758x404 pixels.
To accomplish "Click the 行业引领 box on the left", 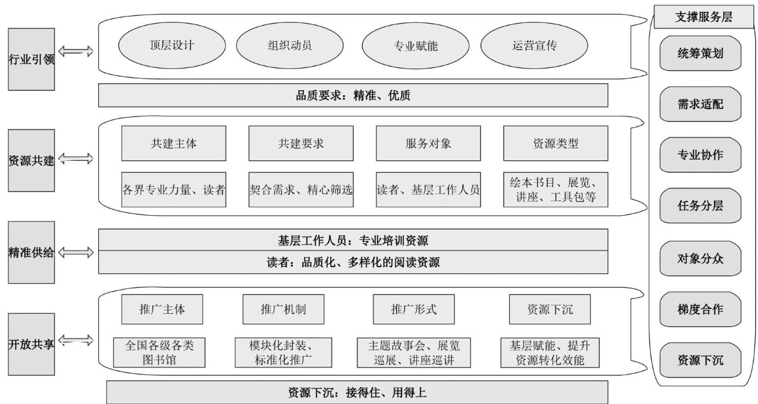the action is (31, 59).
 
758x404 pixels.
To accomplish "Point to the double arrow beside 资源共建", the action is (76, 159).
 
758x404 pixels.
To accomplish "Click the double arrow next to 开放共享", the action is (76, 342).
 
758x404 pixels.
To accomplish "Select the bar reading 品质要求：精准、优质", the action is (353, 96).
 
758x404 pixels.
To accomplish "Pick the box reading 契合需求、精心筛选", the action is (301, 189).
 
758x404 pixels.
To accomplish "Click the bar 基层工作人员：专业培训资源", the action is (353, 240).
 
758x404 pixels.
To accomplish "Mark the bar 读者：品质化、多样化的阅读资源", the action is (353, 262).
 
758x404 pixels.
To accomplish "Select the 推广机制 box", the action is (283, 310).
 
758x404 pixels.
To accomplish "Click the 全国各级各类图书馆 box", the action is (159, 352).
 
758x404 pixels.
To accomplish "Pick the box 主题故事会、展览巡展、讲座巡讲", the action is (414, 352).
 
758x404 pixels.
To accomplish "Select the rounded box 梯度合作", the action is (700, 310).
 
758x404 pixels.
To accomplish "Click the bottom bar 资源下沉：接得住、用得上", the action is (357, 393).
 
